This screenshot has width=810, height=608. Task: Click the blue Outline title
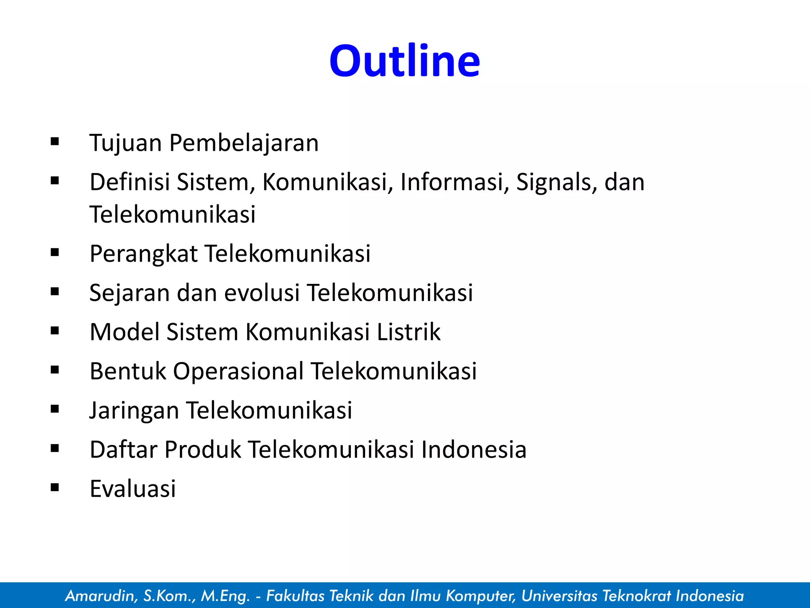[x=405, y=61]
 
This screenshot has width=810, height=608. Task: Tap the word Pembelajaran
[x=244, y=143]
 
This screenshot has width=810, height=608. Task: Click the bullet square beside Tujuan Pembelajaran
[x=55, y=141]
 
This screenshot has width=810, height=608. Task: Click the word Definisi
[x=129, y=182]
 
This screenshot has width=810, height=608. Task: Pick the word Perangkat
[x=144, y=254]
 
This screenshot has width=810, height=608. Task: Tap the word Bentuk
[x=127, y=371]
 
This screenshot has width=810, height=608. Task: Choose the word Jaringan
[x=134, y=410]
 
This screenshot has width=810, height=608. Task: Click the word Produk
[x=202, y=450]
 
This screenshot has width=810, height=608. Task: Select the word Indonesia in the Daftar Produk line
[x=473, y=450]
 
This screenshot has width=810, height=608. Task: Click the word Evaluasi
[x=132, y=488]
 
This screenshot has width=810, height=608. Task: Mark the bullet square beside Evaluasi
[x=55, y=487]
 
